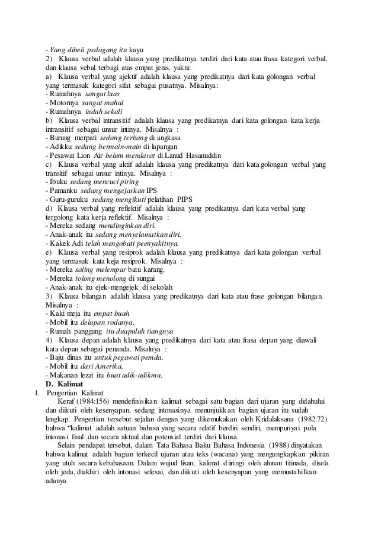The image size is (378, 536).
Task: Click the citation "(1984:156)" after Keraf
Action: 92,402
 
